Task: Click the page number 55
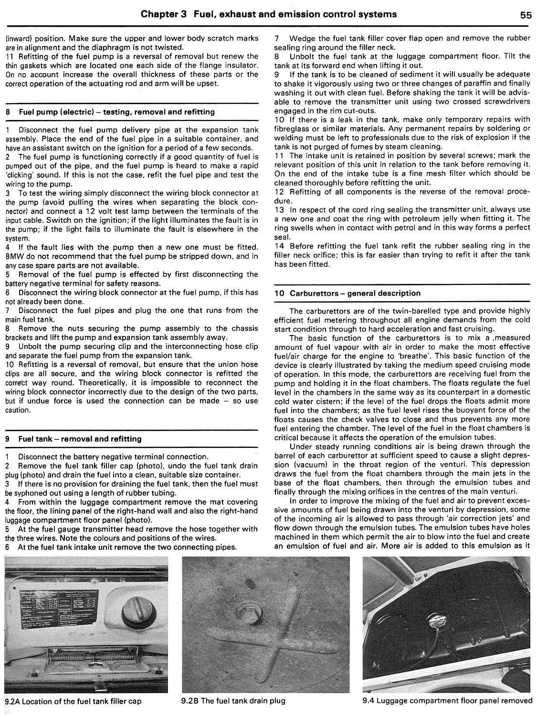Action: click(526, 15)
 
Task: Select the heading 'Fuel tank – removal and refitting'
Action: click(80, 438)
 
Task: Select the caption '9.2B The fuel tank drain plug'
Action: click(233, 701)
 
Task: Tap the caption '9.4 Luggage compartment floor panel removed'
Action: click(447, 701)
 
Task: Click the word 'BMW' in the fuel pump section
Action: click(15, 256)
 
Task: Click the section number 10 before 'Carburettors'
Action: click(279, 293)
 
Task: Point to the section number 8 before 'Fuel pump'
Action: click(8, 112)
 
